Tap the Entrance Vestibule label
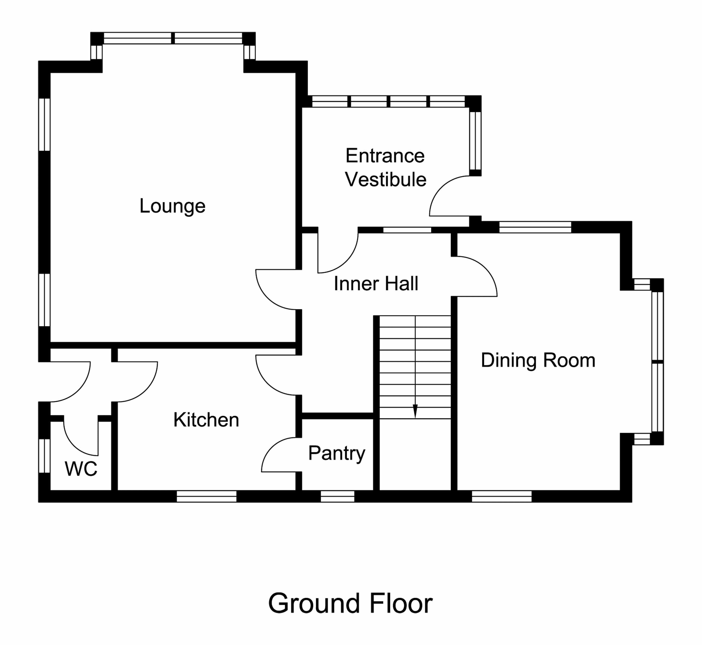click(x=385, y=168)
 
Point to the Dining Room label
click(x=538, y=361)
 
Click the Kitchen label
click(x=206, y=420)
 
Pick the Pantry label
click(x=336, y=453)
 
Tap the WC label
click(x=81, y=469)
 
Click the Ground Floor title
click(x=350, y=603)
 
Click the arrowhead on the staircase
click(x=415, y=411)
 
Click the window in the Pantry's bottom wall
click(x=337, y=496)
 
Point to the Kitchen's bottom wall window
click(x=206, y=496)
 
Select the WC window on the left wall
click(x=44, y=456)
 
